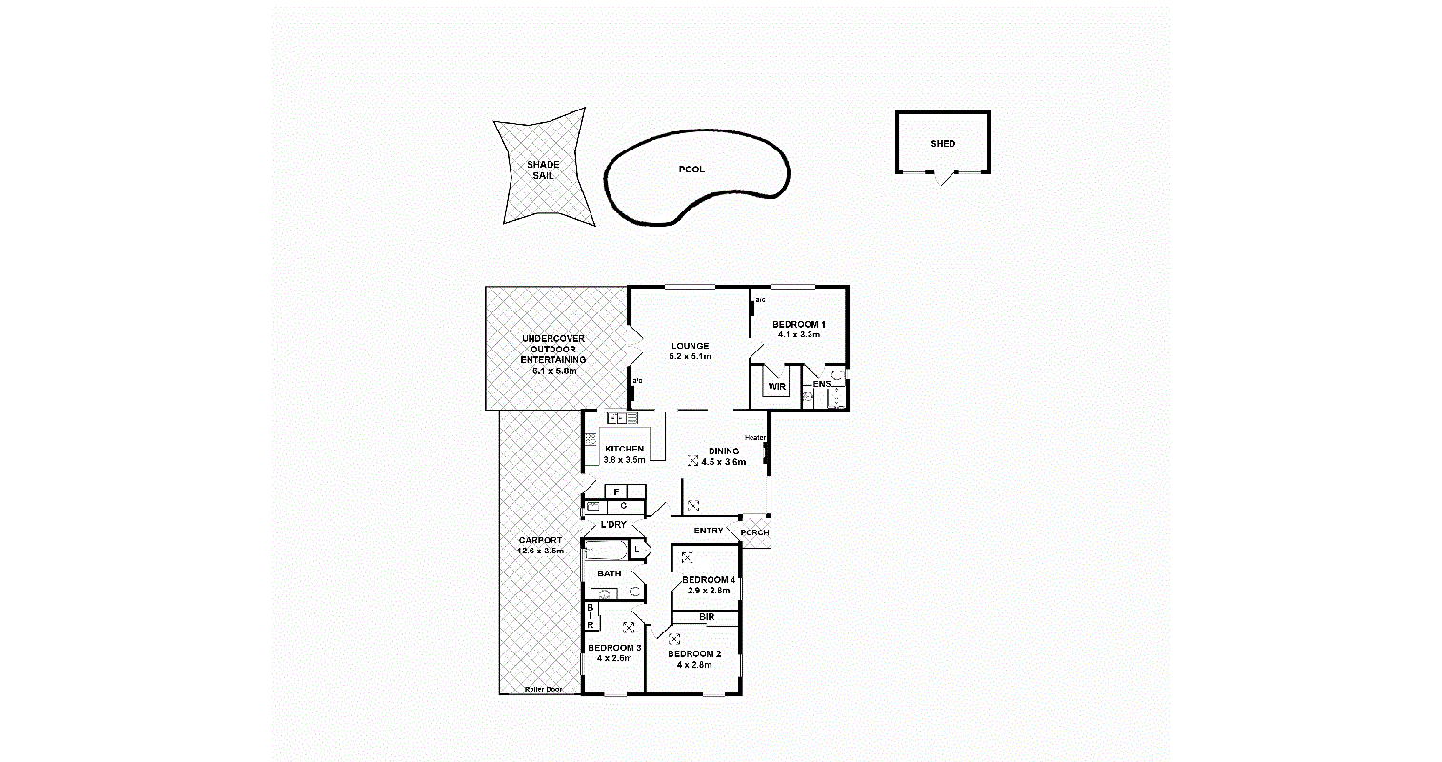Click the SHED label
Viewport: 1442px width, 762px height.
[x=943, y=144]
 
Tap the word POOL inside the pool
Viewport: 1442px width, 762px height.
[x=691, y=170]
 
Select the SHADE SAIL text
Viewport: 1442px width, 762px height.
[x=543, y=170]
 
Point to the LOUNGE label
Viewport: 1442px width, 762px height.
[x=690, y=346]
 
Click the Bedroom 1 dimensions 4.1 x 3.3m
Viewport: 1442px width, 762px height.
[x=798, y=335]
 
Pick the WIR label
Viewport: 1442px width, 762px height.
[x=776, y=387]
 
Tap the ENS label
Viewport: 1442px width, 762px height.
[x=821, y=384]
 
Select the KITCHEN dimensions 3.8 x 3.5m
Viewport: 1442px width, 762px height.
[x=624, y=460]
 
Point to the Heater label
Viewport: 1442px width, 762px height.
[x=755, y=438]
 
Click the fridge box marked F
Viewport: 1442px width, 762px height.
[x=618, y=491]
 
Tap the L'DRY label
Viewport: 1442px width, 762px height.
[x=613, y=525]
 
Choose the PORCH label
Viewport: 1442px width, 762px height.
[x=754, y=532]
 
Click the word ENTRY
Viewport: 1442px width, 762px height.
[x=709, y=531]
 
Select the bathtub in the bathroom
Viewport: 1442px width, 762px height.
[x=606, y=551]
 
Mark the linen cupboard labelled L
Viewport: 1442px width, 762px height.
[x=637, y=550]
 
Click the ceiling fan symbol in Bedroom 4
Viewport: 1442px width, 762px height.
[x=687, y=557]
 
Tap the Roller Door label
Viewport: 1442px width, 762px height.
[x=543, y=689]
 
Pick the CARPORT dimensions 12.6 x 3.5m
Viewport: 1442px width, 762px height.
[x=540, y=551]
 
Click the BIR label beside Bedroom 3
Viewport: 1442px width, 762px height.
[x=591, y=616]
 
